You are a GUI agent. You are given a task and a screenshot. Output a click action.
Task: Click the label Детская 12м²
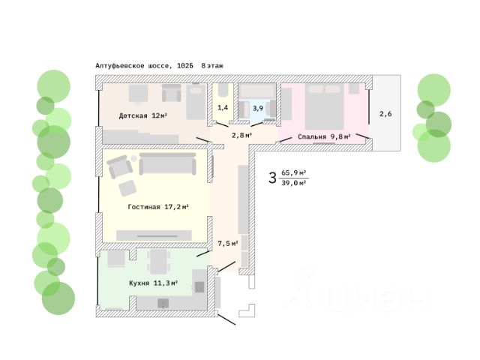(x=142, y=116)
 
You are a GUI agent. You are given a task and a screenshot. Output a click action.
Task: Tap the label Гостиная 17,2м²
(x=157, y=207)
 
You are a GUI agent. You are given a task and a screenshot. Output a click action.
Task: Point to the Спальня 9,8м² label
(x=324, y=136)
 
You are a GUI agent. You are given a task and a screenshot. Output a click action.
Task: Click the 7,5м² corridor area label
(x=228, y=243)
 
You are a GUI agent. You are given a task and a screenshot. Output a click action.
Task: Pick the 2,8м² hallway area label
(x=241, y=135)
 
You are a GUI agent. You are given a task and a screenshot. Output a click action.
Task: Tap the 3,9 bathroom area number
(x=257, y=108)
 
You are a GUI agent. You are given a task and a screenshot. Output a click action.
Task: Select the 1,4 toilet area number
(x=223, y=108)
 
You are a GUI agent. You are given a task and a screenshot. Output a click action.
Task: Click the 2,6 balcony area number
(x=385, y=114)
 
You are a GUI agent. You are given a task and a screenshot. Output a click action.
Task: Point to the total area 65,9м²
(x=295, y=172)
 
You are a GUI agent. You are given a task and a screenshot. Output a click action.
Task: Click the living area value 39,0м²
(x=295, y=183)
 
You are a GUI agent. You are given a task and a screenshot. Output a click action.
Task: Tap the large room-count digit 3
(x=272, y=178)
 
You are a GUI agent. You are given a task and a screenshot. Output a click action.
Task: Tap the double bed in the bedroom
(x=324, y=107)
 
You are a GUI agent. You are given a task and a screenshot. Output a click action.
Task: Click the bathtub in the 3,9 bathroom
(x=257, y=93)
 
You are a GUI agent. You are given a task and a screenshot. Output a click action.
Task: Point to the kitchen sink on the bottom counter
(x=163, y=303)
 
